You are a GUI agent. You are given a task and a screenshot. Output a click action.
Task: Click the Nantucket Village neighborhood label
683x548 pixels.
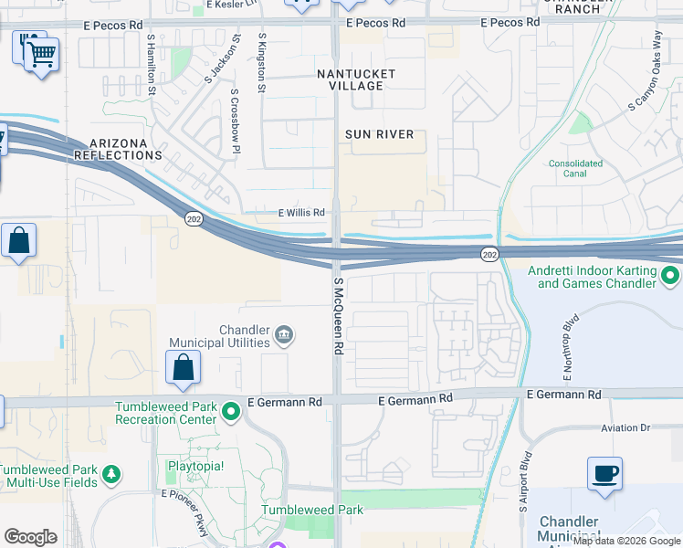point(356,79)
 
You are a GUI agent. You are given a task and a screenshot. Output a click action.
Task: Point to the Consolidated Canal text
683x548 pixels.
point(576,169)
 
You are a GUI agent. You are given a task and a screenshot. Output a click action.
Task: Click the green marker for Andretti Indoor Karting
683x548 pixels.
point(671,275)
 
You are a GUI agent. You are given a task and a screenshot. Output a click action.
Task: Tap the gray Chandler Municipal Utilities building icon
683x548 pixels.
point(284,335)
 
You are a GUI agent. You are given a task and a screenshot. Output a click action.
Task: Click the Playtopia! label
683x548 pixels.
point(194,465)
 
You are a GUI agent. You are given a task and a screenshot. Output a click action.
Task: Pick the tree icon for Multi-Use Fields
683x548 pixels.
point(110,474)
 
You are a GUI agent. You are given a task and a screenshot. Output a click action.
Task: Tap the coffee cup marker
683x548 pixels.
point(604,474)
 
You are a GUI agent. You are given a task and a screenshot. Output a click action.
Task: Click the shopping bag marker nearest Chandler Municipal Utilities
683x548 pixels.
point(184,368)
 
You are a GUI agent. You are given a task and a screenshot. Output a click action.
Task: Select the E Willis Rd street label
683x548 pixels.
point(301,213)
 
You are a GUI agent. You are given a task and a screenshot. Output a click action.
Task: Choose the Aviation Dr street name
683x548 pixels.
point(625,427)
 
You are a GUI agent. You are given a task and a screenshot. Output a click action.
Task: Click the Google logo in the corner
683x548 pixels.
point(31,537)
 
